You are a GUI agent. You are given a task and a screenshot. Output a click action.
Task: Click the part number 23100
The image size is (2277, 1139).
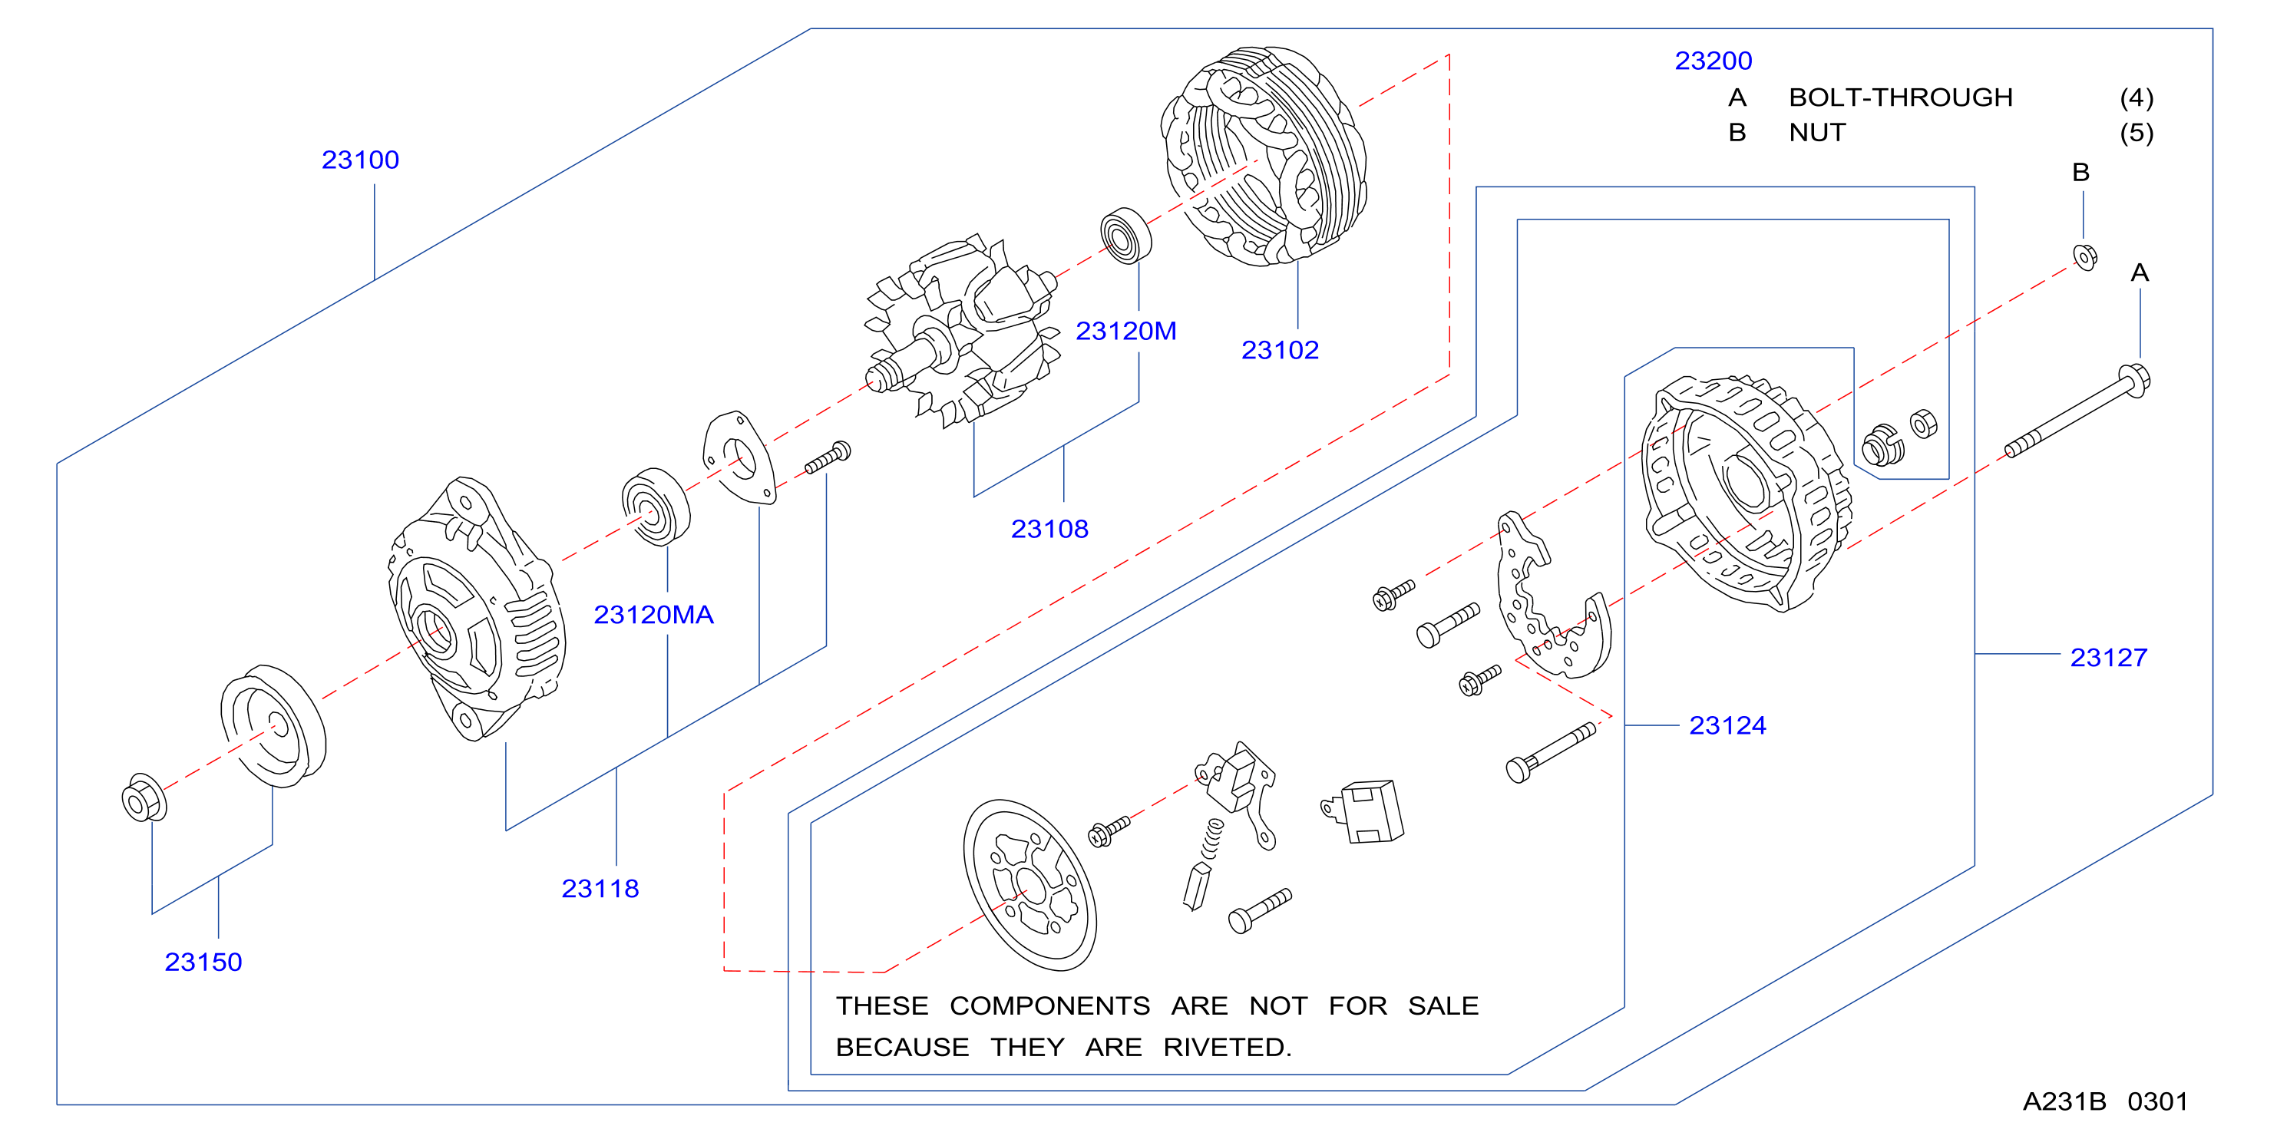coord(360,160)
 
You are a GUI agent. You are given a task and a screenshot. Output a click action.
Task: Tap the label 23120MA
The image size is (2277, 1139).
coord(653,615)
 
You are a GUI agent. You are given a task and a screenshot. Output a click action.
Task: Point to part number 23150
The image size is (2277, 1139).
coord(203,962)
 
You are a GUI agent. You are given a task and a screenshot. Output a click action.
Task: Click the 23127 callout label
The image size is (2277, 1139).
coord(2108,658)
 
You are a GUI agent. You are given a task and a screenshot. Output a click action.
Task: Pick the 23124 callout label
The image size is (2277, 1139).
coord(1727,725)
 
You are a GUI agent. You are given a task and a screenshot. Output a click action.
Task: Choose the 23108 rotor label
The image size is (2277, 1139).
coord(1049,530)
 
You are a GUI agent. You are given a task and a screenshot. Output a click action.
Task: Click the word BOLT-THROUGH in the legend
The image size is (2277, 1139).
coord(1901,97)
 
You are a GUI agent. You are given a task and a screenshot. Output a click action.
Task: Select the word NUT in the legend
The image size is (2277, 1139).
coord(1817,133)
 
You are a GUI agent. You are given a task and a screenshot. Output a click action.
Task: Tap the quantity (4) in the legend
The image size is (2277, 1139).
coord(2137,97)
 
